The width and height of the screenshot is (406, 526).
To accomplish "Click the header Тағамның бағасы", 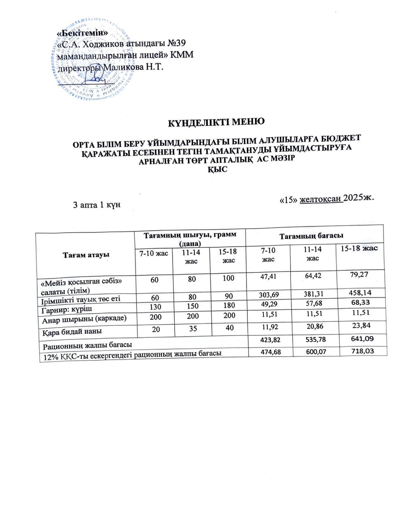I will coord(311,236).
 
